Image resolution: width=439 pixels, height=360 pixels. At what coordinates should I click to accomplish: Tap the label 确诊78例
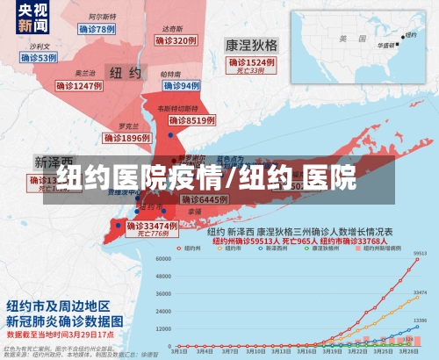tap(96, 29)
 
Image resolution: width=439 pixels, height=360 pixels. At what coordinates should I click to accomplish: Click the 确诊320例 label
tap(174, 40)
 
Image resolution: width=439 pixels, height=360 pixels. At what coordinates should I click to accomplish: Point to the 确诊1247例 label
tap(80, 86)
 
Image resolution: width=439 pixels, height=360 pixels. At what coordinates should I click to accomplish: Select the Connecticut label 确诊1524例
tap(251, 63)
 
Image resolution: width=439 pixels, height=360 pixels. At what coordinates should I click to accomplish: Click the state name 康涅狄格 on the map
tap(250, 44)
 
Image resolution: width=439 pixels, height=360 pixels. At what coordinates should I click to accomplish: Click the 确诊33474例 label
tap(151, 226)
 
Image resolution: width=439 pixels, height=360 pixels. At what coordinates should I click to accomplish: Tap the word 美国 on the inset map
tap(345, 38)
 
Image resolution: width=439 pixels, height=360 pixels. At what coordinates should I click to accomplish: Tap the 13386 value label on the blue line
tap(420, 320)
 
